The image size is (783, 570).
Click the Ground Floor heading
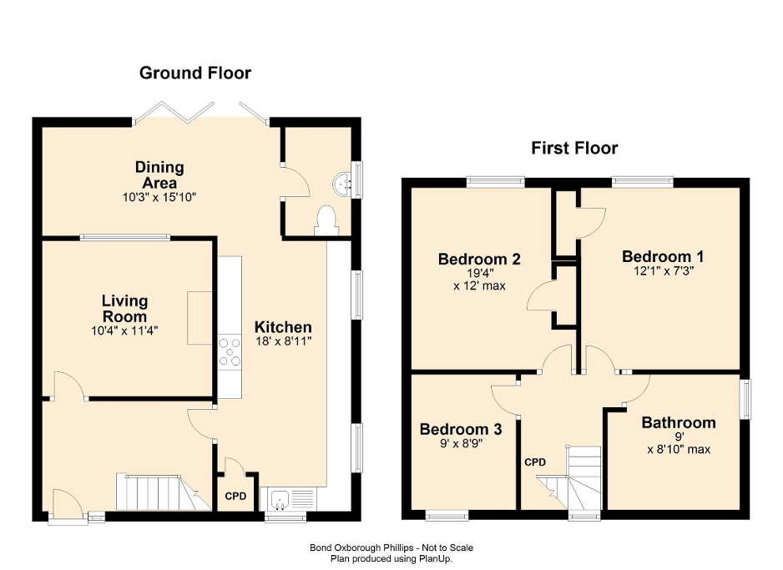coord(194,73)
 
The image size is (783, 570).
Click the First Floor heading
coord(574,149)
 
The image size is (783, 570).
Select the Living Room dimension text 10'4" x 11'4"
coord(124,330)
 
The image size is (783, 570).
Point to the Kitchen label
coord(283,327)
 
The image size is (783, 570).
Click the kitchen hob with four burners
coord(230,351)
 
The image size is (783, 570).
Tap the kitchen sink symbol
coord(280,500)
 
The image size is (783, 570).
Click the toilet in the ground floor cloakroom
coord(326,220)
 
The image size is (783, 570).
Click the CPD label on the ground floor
coord(236,497)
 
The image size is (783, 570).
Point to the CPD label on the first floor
coord(535,462)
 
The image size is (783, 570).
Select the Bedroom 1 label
coord(657,256)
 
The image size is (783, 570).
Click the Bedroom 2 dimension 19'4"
coord(479,272)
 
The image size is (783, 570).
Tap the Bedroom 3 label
coord(460,429)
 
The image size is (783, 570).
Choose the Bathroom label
coord(678,422)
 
